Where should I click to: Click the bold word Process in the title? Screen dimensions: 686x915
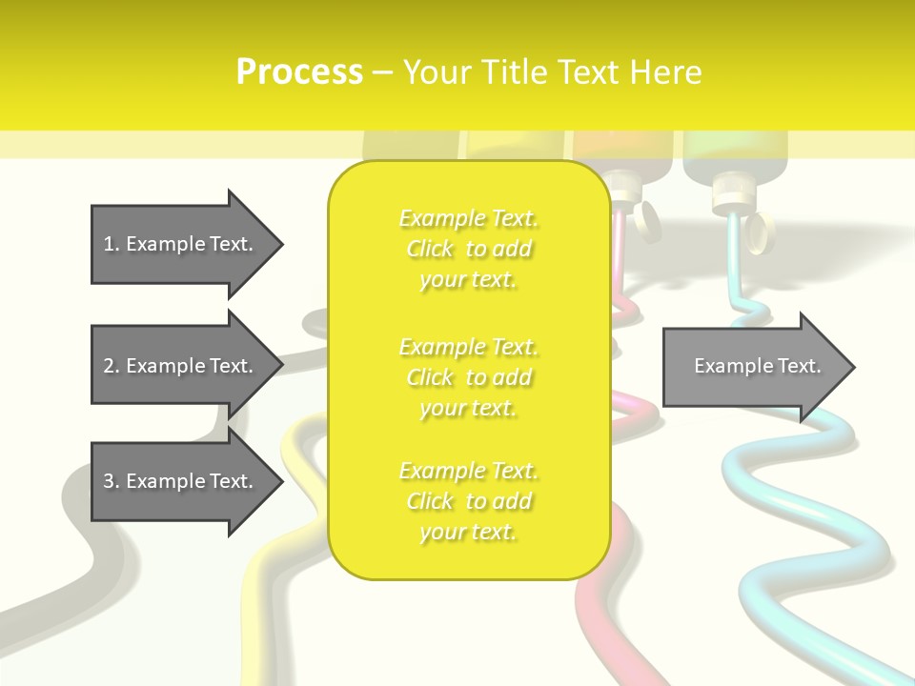coord(299,72)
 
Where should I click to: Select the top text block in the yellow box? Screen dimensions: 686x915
coord(469,249)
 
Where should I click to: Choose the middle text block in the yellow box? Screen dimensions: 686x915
coord(469,377)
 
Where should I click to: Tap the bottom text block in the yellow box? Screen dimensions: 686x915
coord(469,501)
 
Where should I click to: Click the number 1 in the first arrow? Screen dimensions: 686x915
coord(109,244)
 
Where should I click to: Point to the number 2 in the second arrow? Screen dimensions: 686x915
coord(109,366)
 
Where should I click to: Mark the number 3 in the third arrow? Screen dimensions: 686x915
coord(109,481)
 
